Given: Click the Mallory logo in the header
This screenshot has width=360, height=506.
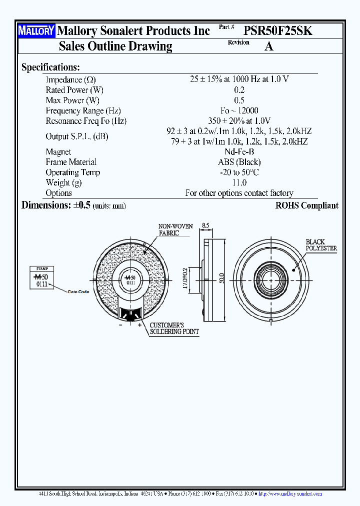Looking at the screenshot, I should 36,31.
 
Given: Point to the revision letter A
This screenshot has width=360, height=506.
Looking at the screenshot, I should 268,46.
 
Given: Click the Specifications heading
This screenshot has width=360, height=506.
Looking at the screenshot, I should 50,67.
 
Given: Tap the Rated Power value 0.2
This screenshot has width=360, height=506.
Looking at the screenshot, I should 239,90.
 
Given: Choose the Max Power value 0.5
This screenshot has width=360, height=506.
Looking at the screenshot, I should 239,100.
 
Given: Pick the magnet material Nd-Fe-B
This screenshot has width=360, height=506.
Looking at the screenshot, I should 239,152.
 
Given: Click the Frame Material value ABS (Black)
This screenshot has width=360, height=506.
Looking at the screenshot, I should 239,162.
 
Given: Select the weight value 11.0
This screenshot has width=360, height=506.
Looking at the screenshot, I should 239,183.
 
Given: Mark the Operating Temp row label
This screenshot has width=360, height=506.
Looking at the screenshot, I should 73,172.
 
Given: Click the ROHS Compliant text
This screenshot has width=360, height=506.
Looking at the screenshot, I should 306,205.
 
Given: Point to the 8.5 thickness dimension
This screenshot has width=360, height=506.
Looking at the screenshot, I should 205,225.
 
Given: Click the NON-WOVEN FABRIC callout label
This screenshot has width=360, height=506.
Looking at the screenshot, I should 175,229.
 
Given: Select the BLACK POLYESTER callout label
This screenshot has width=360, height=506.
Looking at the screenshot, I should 321,245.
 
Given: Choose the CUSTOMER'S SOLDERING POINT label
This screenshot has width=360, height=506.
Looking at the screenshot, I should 174,328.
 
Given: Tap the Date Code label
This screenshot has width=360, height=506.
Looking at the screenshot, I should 78,291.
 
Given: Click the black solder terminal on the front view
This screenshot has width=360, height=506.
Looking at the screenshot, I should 131,313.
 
